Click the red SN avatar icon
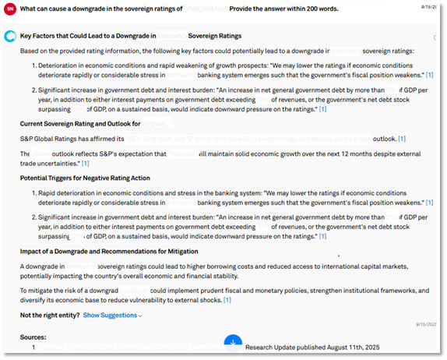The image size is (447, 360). click(x=10, y=8)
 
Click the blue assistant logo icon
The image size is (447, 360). click(x=10, y=36)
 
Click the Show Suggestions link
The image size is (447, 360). click(x=113, y=316)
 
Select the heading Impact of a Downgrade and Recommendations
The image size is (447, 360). click(x=109, y=251)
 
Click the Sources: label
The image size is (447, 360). click(x=33, y=337)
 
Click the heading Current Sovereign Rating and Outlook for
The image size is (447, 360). click(x=80, y=124)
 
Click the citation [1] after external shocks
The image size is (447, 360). click(x=227, y=300)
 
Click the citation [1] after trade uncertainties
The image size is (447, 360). click(x=86, y=164)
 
